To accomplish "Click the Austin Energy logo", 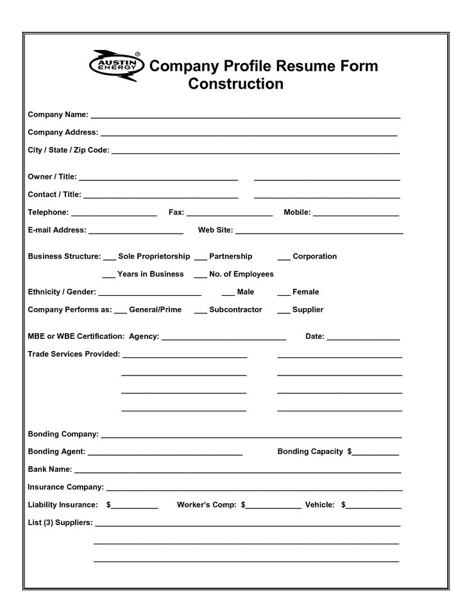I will pyautogui.click(x=114, y=66).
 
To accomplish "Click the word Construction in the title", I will pyautogui.click(x=235, y=84).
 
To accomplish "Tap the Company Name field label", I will pyautogui.click(x=58, y=115).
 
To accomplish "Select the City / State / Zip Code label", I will pyautogui.click(x=69, y=150).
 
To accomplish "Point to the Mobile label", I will pyautogui.click(x=297, y=212).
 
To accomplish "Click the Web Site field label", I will pyautogui.click(x=215, y=230).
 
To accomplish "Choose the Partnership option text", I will pyautogui.click(x=231, y=256).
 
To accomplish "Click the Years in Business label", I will pyautogui.click(x=151, y=274).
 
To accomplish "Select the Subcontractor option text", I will pyautogui.click(x=235, y=309).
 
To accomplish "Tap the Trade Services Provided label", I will pyautogui.click(x=74, y=354).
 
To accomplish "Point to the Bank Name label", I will pyautogui.click(x=50, y=469).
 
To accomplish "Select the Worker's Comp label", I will pyautogui.click(x=206, y=505).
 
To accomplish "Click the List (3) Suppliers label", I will pyautogui.click(x=60, y=522).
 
